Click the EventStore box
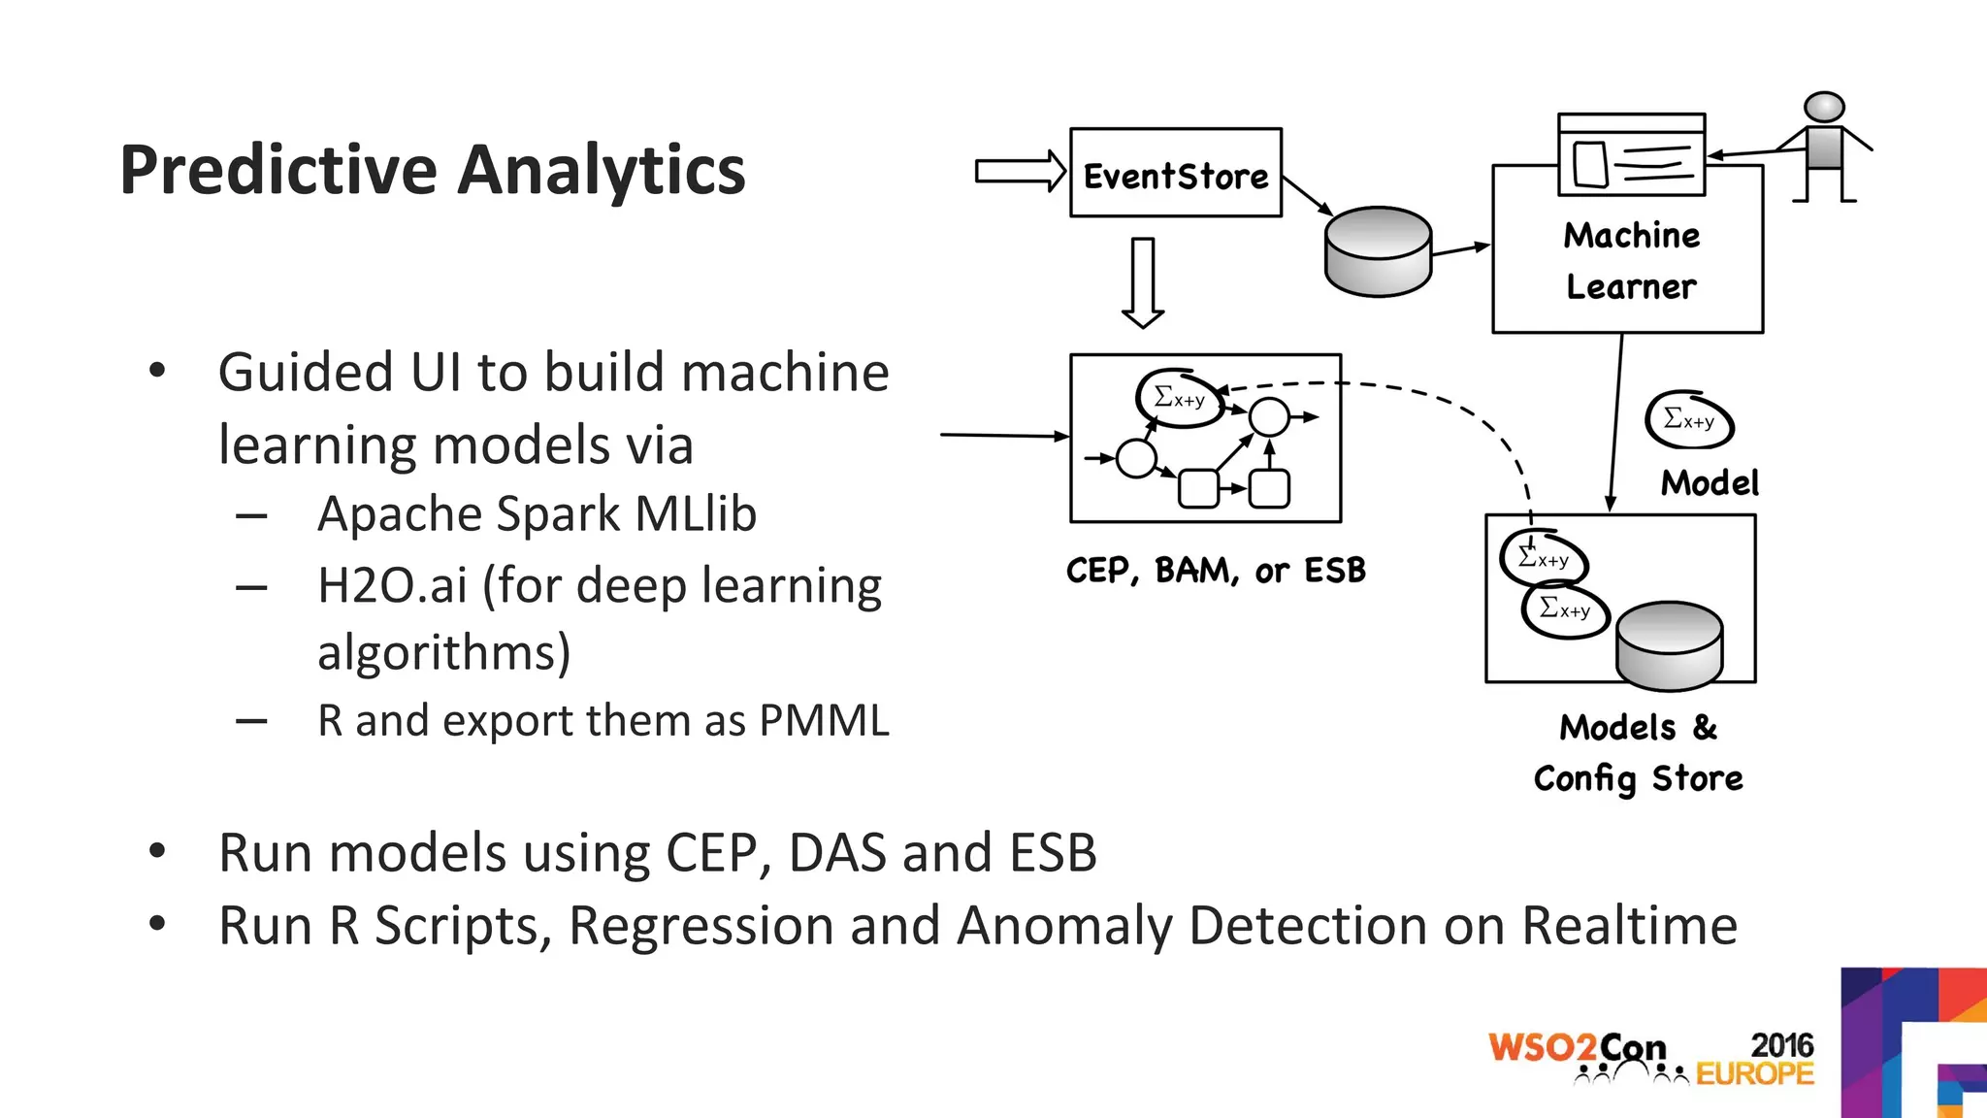(1175, 174)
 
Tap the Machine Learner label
(1631, 261)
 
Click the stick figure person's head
(1824, 108)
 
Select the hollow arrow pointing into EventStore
(1020, 172)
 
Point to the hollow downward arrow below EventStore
(1143, 282)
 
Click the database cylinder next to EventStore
(1378, 251)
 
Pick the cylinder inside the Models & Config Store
(1669, 645)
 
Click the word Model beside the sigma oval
(1709, 482)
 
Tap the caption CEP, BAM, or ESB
(1215, 571)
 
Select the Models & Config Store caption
(1638, 753)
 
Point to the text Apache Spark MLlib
(537, 513)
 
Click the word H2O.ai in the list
(392, 585)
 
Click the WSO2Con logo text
(1577, 1047)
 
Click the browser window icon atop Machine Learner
(1631, 154)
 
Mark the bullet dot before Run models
(157, 851)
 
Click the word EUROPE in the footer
(1754, 1074)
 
